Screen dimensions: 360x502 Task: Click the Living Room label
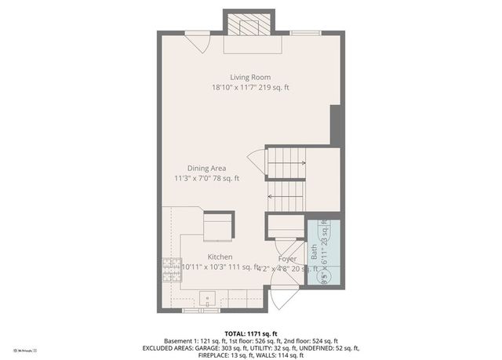coord(250,77)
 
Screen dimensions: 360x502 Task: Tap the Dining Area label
coord(206,168)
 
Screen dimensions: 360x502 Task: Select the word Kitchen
coord(220,257)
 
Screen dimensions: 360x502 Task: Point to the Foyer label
coord(287,259)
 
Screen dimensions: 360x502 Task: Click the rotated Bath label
coord(315,252)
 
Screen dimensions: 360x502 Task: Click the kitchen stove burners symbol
coord(170,271)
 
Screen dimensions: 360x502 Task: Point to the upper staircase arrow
coord(288,164)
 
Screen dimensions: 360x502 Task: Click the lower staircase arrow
coord(286,196)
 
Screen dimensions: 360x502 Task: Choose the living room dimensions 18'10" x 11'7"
coord(235,88)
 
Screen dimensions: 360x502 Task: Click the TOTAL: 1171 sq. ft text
coord(250,333)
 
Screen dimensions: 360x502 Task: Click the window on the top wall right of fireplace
coord(303,32)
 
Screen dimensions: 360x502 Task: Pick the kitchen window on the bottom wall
coord(201,311)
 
